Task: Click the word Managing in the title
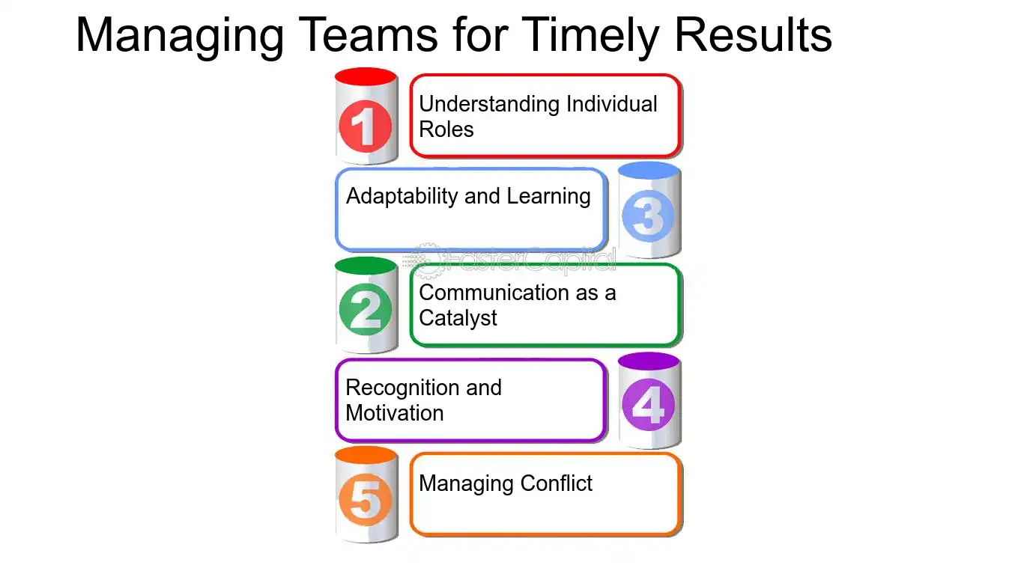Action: coord(179,35)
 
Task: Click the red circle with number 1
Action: coord(366,127)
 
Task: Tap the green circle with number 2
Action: coord(366,309)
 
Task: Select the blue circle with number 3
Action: coord(649,216)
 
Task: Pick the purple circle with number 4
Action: coord(649,406)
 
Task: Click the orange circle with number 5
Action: coord(366,499)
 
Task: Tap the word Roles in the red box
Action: coord(446,129)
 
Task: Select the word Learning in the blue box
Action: coord(548,196)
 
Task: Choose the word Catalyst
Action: coord(458,318)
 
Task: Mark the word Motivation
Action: coord(394,413)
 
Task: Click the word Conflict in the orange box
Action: coord(556,483)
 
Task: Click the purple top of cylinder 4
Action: coord(649,361)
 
